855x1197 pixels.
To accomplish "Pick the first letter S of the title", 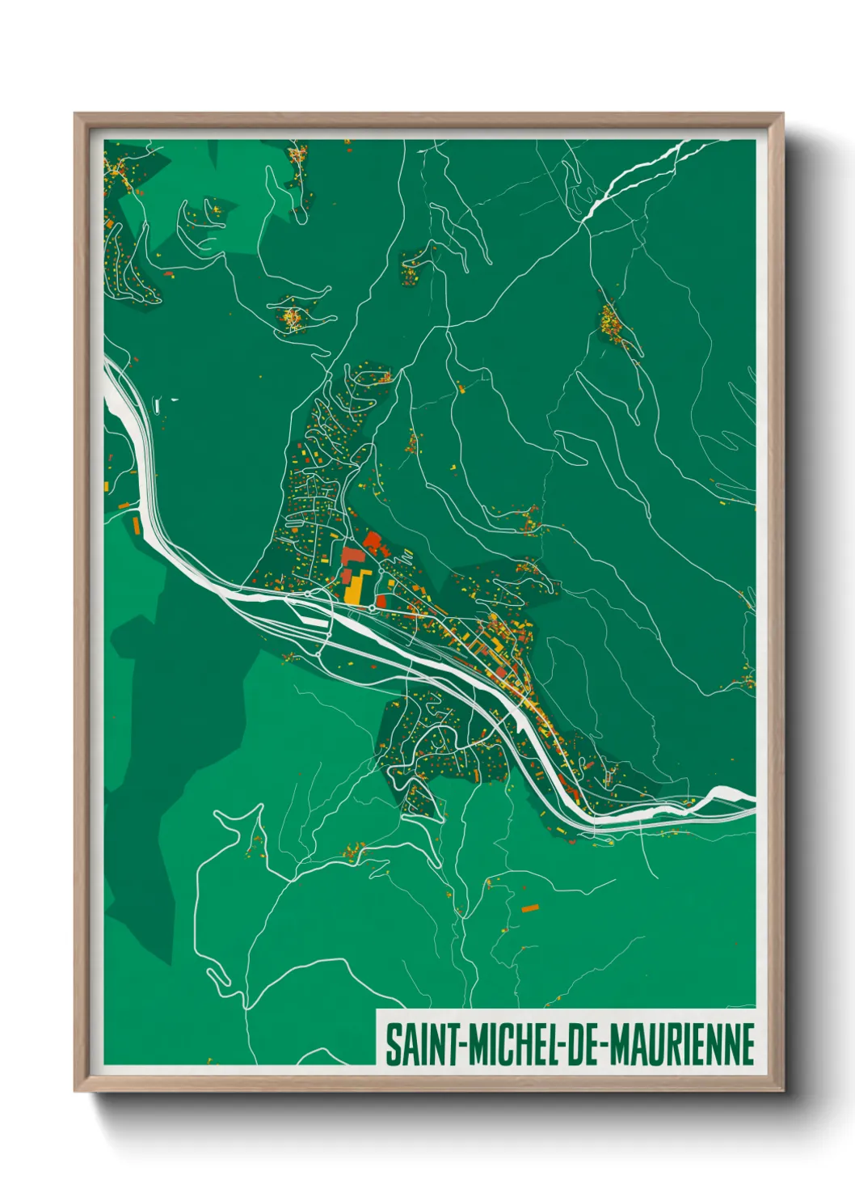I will pos(392,1044).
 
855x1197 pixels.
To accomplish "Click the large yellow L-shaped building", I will pos(356,587).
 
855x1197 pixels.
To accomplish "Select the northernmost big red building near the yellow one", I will pos(373,541).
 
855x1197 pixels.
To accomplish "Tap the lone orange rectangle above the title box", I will pos(529,908).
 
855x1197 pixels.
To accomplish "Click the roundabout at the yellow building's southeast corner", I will pos(371,607).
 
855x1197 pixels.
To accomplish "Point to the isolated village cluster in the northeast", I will pos(612,324).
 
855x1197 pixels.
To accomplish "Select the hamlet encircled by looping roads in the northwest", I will pos(290,316).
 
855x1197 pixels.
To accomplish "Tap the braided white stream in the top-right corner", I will pos(638,174).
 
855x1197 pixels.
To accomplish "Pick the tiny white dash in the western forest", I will pos(173,399).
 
